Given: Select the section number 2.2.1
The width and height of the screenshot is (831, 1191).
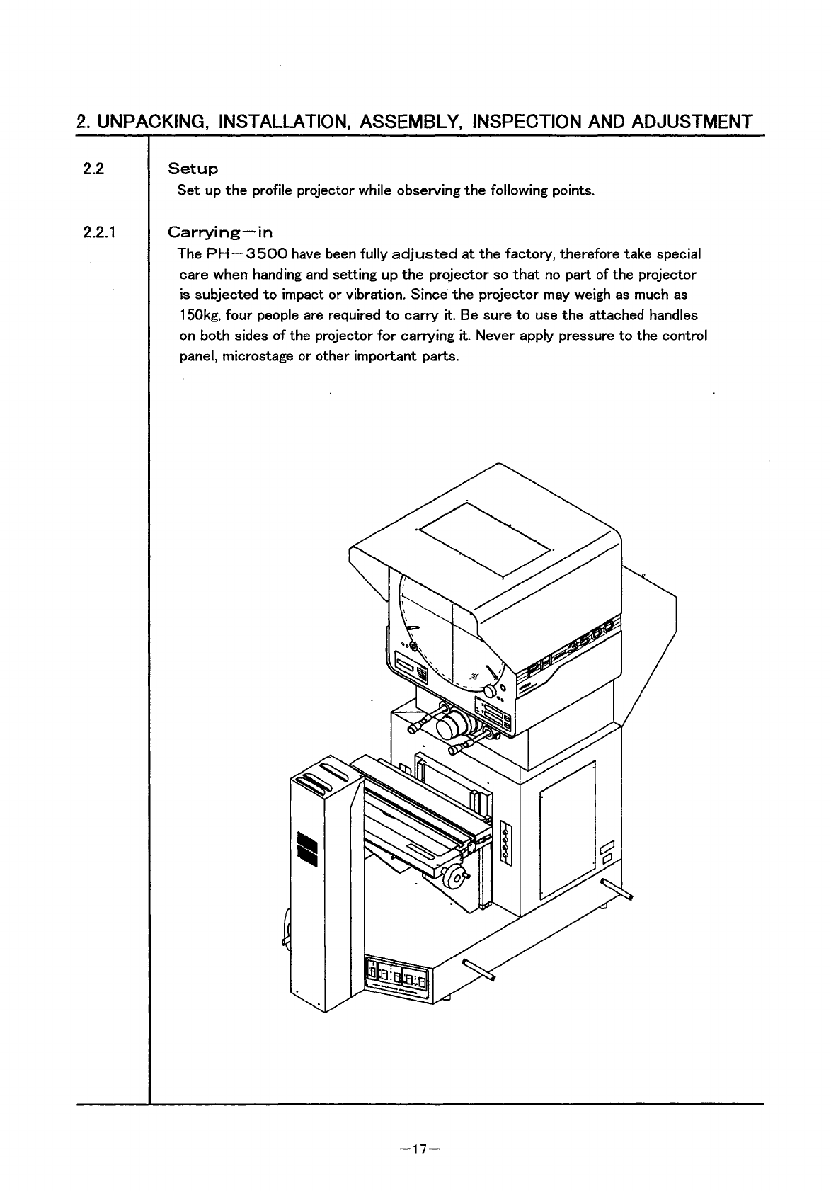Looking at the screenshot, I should click(100, 232).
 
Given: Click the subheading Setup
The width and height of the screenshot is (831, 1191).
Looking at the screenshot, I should click(193, 169).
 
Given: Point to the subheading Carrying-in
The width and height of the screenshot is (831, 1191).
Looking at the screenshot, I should click(220, 232).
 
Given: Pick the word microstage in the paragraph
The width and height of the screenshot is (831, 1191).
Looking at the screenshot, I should click(258, 356).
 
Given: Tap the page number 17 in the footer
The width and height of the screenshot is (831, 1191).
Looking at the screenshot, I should click(420, 1149).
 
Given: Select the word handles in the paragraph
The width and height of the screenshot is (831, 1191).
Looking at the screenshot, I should click(672, 315).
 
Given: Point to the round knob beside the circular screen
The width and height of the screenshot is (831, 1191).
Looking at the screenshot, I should click(491, 690).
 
